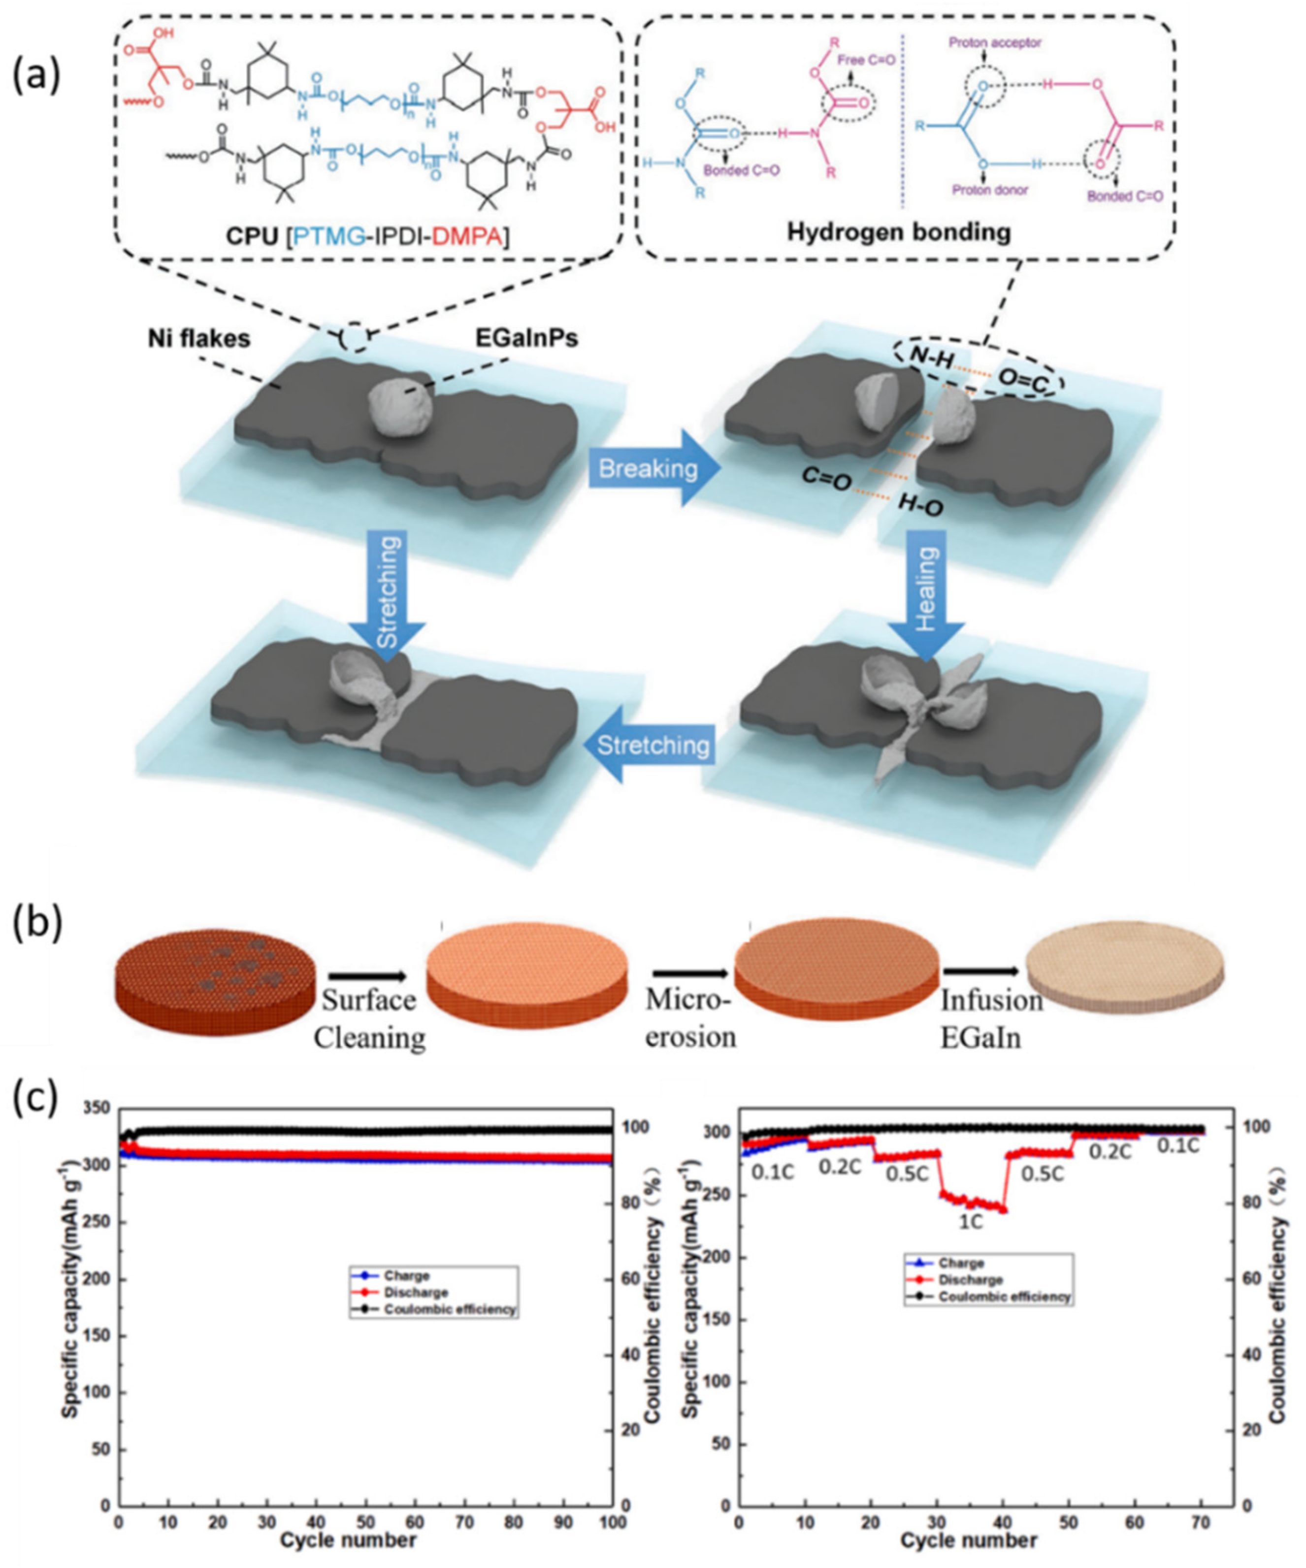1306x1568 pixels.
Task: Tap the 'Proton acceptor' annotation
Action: [995, 42]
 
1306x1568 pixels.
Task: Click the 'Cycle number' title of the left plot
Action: [348, 1541]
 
